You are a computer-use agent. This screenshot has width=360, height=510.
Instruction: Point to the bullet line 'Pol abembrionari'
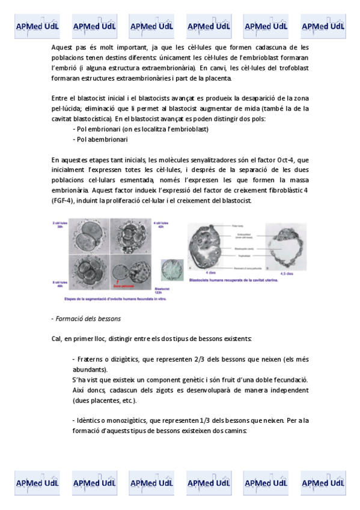[x=100, y=140]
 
